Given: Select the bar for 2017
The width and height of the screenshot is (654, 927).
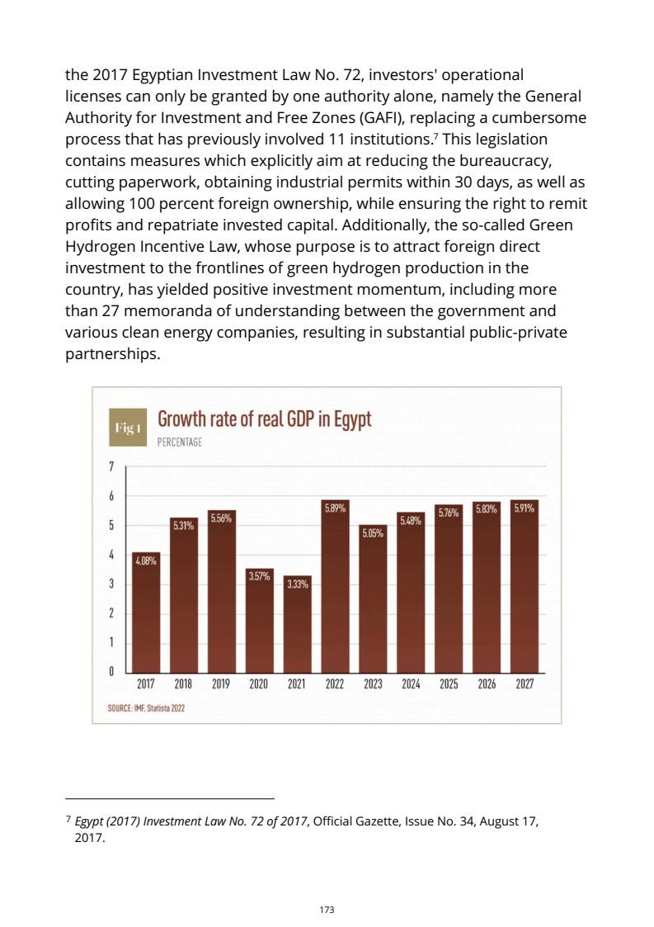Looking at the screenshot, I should tap(146, 615).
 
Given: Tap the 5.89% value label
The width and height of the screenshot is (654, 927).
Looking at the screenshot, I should tap(335, 508).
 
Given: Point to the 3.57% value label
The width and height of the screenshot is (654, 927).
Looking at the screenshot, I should tap(259, 576).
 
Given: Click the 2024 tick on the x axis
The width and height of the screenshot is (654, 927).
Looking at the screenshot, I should tap(410, 684).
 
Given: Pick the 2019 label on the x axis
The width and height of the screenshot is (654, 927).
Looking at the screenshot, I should tap(221, 684).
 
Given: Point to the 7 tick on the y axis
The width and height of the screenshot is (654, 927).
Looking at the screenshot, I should tap(111, 467).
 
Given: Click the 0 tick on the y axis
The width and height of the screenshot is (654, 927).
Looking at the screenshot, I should tap(111, 671).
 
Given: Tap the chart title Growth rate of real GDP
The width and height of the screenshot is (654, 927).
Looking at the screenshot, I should tap(264, 419).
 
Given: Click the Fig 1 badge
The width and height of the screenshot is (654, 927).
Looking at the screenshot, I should tap(128, 428).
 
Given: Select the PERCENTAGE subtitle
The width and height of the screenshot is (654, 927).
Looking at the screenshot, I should tap(179, 442).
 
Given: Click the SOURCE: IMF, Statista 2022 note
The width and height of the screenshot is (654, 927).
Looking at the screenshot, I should tap(146, 707).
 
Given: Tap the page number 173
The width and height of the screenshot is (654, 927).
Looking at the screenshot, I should tap(327, 909).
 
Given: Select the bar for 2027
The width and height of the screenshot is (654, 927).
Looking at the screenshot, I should tap(524, 590).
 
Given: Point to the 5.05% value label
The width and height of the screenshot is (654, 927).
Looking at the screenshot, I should tap(372, 533).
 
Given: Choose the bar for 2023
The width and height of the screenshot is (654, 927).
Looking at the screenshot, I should tap(372, 603).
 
